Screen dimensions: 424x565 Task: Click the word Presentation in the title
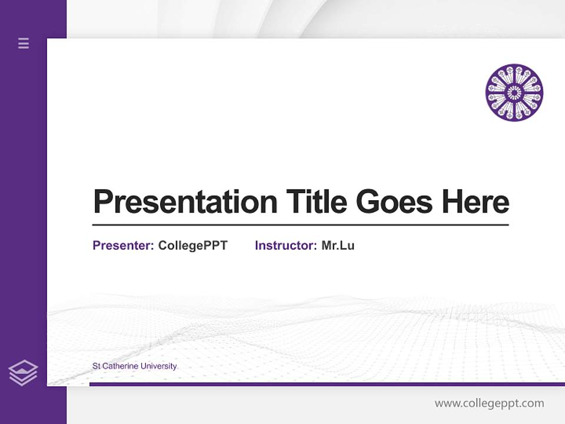[x=185, y=202]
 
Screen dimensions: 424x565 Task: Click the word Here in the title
[x=476, y=202]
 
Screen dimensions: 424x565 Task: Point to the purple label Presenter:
[x=123, y=246]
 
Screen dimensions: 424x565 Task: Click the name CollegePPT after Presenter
[x=192, y=246]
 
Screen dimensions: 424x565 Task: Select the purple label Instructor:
[x=285, y=246]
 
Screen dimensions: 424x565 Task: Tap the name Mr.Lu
[x=338, y=246]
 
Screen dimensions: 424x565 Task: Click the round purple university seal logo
[x=514, y=92]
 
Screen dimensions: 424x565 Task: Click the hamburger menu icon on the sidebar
[x=24, y=43]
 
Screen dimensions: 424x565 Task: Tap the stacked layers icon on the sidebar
[x=23, y=373]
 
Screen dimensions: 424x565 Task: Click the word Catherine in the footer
[x=120, y=366]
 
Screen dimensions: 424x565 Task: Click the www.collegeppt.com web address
[x=489, y=403]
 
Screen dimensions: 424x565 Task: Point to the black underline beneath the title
[x=300, y=225]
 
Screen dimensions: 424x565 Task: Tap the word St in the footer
[x=96, y=366]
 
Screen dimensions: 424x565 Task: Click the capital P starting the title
[x=104, y=202]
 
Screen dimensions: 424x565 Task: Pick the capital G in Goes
[x=368, y=202]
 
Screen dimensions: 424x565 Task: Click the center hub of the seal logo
[x=514, y=92]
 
